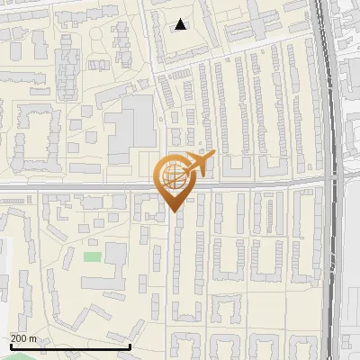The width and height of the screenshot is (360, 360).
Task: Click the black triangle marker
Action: pos(181,24)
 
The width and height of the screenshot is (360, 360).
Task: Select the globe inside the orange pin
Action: pos(173,177)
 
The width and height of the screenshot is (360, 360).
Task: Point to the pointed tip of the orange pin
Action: pos(173,211)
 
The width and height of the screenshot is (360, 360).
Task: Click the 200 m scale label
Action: pos(23,338)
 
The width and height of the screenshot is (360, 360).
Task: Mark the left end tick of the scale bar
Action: pos(11,346)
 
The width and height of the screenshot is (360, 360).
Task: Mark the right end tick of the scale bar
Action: pos(130,346)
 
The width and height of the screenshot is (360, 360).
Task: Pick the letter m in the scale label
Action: pos(32,338)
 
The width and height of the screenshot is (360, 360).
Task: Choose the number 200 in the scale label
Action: pos(19,338)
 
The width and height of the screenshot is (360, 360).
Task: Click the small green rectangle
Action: pos(92,257)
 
